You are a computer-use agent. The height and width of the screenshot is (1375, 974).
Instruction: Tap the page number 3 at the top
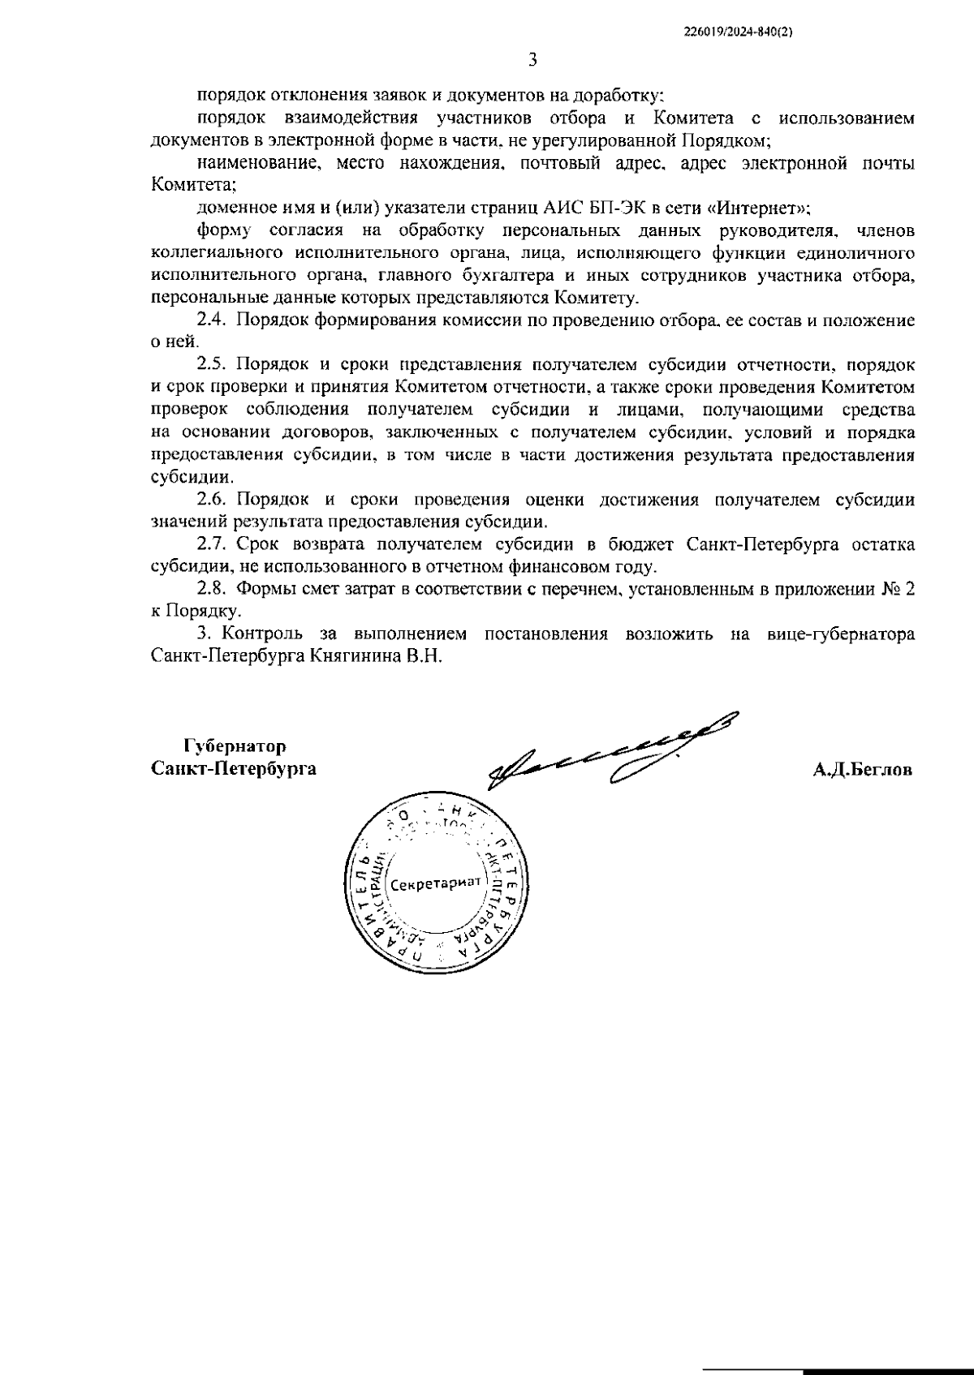[532, 60]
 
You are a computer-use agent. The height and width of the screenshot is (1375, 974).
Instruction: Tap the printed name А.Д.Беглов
[863, 769]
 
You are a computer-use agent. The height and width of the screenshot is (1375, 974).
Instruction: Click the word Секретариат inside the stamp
[435, 883]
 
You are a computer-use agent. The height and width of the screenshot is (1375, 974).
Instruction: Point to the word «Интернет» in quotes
[759, 208]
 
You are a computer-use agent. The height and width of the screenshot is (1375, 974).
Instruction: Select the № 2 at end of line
[899, 589]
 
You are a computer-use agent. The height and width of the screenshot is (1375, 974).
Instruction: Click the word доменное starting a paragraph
[235, 208]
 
